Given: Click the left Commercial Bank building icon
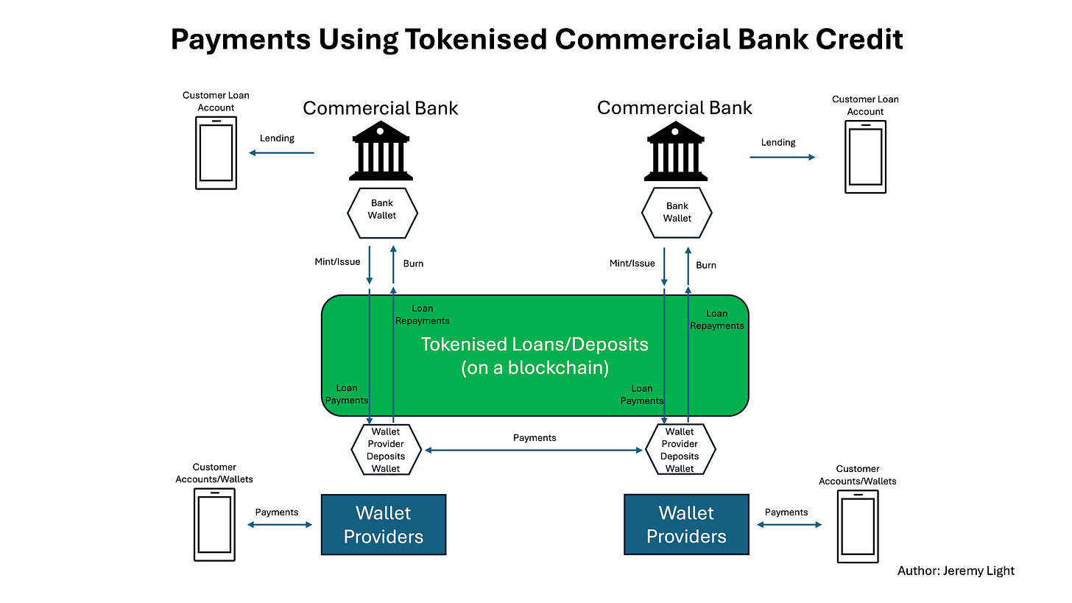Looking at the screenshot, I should pos(380,151).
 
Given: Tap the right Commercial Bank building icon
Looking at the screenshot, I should pos(675,151).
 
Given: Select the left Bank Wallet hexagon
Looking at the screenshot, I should pos(382,213).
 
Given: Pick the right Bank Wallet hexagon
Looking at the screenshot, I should pos(677,213).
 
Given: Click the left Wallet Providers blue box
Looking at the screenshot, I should pos(384,524).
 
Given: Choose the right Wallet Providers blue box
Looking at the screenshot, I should pos(686,524).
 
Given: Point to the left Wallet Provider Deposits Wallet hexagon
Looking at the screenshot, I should pos(386,449).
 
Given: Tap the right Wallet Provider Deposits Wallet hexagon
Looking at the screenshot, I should pos(680,449).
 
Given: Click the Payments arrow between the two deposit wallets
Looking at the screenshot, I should pos(534,450).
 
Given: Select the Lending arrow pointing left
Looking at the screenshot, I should pos(281,153).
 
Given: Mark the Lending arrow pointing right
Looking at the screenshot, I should pos(783,157).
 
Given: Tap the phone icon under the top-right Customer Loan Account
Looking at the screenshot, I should pos(865,156).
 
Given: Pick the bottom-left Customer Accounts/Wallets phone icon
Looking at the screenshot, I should pos(216,524).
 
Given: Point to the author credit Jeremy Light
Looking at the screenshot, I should pos(956,571).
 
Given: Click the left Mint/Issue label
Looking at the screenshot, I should pos(337,263).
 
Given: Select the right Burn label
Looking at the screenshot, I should pos(705,265).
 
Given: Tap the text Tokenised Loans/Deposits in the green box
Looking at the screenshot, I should pos(535,345).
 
